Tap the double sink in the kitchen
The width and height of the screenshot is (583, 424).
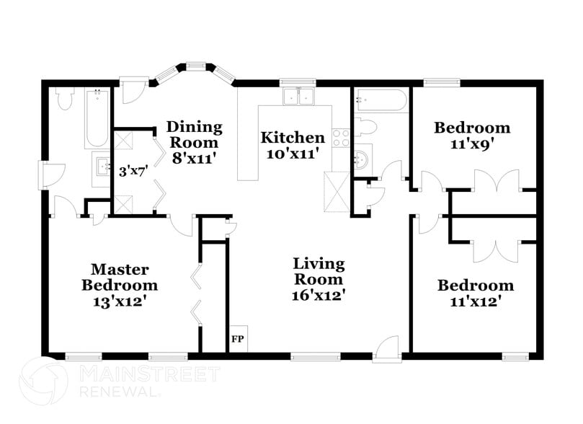click(x=301, y=96)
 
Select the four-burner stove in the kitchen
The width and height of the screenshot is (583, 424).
click(x=340, y=137)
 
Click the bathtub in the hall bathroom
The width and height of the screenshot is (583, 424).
click(x=380, y=100)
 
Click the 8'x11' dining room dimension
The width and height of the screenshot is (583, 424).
click(x=195, y=156)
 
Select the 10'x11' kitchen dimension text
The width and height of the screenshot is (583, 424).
click(x=293, y=154)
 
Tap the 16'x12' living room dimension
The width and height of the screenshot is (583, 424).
click(x=318, y=295)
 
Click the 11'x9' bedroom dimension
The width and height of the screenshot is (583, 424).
click(x=471, y=143)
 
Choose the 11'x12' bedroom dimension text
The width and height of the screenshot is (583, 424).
click(x=475, y=301)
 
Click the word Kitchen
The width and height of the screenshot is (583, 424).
click(x=293, y=137)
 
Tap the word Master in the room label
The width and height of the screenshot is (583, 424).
click(x=120, y=270)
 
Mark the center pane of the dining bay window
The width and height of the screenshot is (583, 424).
click(x=195, y=67)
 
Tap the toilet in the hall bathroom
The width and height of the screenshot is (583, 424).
click(x=366, y=128)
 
